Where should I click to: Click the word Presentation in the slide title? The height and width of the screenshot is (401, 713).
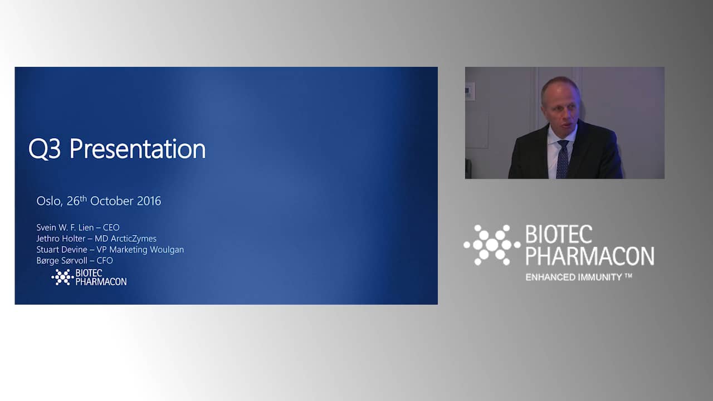(138, 148)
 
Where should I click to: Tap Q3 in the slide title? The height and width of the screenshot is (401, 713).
(44, 149)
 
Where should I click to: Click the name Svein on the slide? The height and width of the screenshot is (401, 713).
(46, 228)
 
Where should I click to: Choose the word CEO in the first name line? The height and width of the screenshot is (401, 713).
(111, 228)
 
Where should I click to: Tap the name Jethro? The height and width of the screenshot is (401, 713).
(47, 239)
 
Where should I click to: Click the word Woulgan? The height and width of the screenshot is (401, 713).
(167, 250)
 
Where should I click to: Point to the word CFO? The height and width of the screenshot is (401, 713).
(105, 261)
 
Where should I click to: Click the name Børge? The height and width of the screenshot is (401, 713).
(47, 261)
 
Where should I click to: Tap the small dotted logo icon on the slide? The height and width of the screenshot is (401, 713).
(62, 277)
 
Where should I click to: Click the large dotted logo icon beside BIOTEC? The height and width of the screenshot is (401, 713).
(492, 244)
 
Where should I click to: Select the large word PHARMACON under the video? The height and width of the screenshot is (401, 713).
(590, 256)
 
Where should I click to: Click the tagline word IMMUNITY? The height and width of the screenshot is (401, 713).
(600, 277)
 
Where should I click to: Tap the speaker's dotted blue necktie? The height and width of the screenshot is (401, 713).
(563, 159)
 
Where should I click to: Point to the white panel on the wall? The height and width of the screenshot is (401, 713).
(470, 92)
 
